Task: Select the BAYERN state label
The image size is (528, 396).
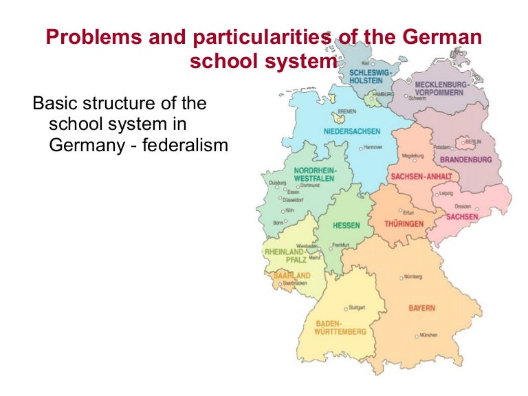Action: [x=422, y=308]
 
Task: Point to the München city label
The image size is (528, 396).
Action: [x=428, y=335]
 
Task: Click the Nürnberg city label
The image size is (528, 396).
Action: [x=413, y=277]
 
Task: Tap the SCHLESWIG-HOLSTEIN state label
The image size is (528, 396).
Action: [x=371, y=76]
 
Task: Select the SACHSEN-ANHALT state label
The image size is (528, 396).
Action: [x=421, y=176]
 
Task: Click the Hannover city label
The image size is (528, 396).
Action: [x=373, y=147]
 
